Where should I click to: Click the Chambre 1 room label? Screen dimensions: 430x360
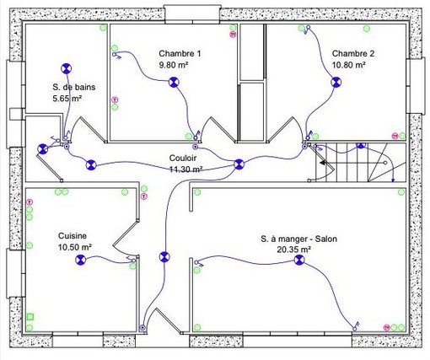click(x=180, y=53)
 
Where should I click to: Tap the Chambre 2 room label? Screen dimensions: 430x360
click(x=353, y=53)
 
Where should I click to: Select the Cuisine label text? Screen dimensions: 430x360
click(x=73, y=235)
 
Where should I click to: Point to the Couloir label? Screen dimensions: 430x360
click(x=183, y=158)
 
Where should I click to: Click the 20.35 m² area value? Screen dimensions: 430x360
click(x=294, y=250)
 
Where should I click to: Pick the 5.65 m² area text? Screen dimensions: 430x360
click(x=67, y=99)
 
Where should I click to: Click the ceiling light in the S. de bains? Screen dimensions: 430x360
click(x=67, y=68)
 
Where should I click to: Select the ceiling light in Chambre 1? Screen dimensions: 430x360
click(x=174, y=82)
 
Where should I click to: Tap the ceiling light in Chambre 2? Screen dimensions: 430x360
click(x=336, y=83)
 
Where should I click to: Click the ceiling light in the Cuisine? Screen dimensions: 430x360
click(x=81, y=260)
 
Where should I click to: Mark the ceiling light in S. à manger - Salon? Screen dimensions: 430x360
click(x=299, y=260)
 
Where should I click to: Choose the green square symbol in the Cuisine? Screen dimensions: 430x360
click(x=30, y=317)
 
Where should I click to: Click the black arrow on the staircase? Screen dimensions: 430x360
click(x=323, y=163)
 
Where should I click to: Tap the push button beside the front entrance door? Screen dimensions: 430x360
click(x=142, y=328)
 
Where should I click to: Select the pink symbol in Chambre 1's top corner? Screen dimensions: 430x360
click(x=233, y=35)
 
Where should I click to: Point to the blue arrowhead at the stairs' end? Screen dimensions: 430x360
click(x=393, y=180)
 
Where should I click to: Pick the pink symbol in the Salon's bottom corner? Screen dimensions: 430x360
click(x=387, y=327)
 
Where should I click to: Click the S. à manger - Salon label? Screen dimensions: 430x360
click(x=298, y=239)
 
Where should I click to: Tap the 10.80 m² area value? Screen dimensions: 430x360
click(x=349, y=65)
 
